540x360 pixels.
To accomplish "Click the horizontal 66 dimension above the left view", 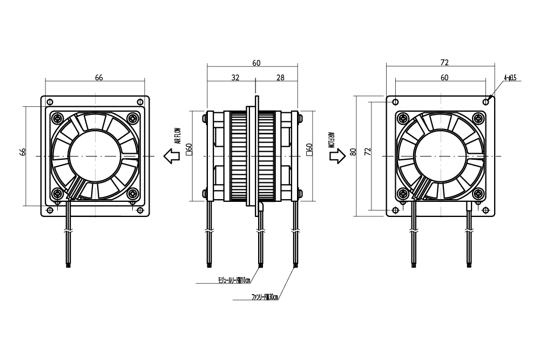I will (99, 78).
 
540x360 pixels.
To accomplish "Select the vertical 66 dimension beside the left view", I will (23, 152).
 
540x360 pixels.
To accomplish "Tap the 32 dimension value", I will (235, 78).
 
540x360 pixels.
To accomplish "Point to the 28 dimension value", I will (280, 78).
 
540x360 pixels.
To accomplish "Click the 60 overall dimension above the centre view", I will (256, 63).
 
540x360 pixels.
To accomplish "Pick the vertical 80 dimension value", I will (353, 152).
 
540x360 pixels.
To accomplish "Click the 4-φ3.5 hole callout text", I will (510, 78).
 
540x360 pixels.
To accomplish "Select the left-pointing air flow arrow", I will (172, 157).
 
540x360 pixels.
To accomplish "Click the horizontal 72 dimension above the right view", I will (444, 63).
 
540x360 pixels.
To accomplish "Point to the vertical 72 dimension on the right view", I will (368, 152).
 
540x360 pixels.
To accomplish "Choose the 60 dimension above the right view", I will (444, 78).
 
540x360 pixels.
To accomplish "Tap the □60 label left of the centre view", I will (189, 150).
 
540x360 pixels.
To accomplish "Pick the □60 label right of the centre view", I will (309, 150).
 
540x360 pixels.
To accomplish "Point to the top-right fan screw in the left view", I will (132, 118).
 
